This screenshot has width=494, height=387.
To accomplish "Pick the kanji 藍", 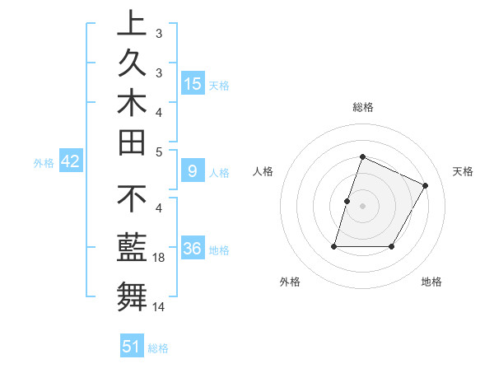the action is (x=132, y=246).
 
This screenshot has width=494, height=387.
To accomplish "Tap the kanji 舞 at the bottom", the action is (x=132, y=294).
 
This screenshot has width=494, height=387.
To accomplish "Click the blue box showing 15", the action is (x=193, y=84).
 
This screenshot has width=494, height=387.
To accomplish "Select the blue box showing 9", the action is (x=193, y=171).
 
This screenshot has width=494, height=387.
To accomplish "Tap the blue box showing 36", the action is (x=193, y=249).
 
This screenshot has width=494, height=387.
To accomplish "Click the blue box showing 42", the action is (x=70, y=162).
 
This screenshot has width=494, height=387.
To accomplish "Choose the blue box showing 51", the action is (x=132, y=347).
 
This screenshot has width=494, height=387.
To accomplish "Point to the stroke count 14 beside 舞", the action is (x=158, y=307).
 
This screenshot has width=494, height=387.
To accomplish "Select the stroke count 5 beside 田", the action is (x=159, y=151).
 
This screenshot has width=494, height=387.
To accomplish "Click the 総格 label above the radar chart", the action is (x=362, y=108).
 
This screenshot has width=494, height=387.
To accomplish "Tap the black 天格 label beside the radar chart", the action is (x=463, y=171).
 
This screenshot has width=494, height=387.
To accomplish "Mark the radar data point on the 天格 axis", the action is (x=426, y=185).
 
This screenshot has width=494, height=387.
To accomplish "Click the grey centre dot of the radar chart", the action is (x=362, y=206).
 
